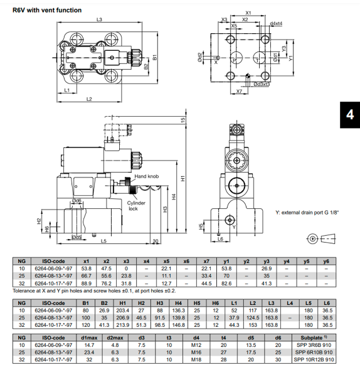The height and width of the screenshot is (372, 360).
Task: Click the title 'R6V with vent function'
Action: [46, 9]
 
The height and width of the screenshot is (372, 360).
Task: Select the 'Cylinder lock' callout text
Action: [136, 206]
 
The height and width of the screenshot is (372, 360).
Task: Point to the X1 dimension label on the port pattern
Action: [248, 13]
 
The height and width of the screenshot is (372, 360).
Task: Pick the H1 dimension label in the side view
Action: [183, 178]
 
